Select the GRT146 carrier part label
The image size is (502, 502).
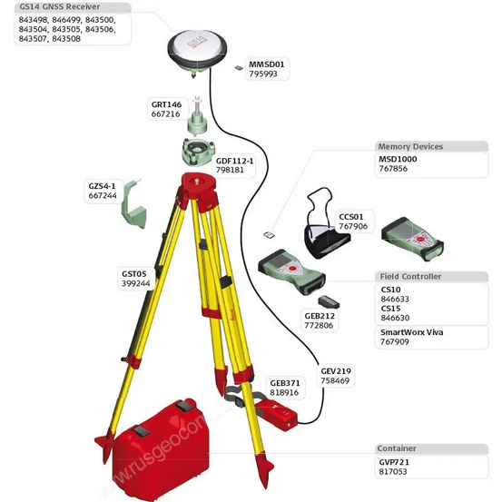pos(166,104)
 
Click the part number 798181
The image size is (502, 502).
pos(229,170)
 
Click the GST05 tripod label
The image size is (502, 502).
pos(134,272)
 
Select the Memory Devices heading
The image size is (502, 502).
pos(410,146)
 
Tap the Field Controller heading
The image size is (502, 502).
pos(408,276)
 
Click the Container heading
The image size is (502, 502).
pos(398,448)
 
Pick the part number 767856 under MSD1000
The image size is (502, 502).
pos(394,168)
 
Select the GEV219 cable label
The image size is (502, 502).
pos(335,370)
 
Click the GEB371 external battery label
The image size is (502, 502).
pos(284,382)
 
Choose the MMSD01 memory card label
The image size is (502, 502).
pos(267,64)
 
